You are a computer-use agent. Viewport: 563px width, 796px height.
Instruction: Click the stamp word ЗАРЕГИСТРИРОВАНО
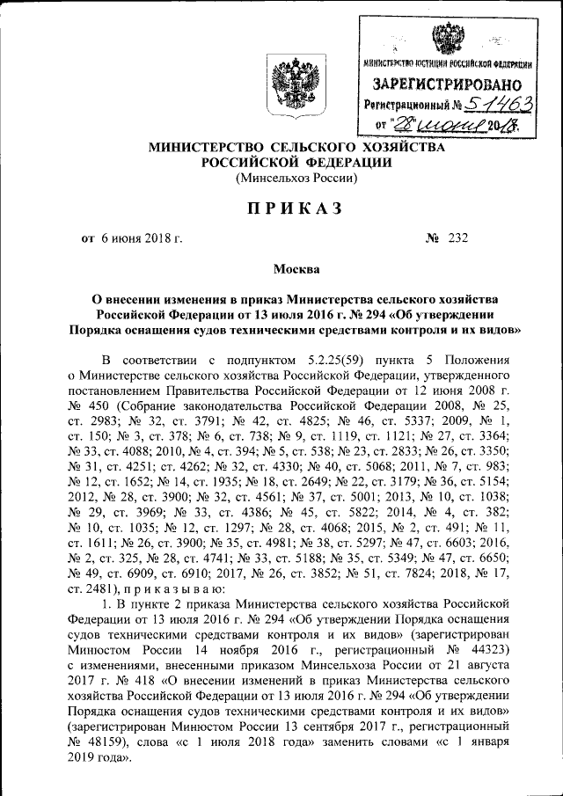[445, 85]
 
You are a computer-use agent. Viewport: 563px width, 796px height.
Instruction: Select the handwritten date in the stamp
[449, 127]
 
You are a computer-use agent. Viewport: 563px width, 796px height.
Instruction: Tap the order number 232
[457, 238]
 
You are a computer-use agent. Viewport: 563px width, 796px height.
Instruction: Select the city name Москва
[281, 269]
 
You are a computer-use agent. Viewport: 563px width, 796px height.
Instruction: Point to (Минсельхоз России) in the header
[296, 179]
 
